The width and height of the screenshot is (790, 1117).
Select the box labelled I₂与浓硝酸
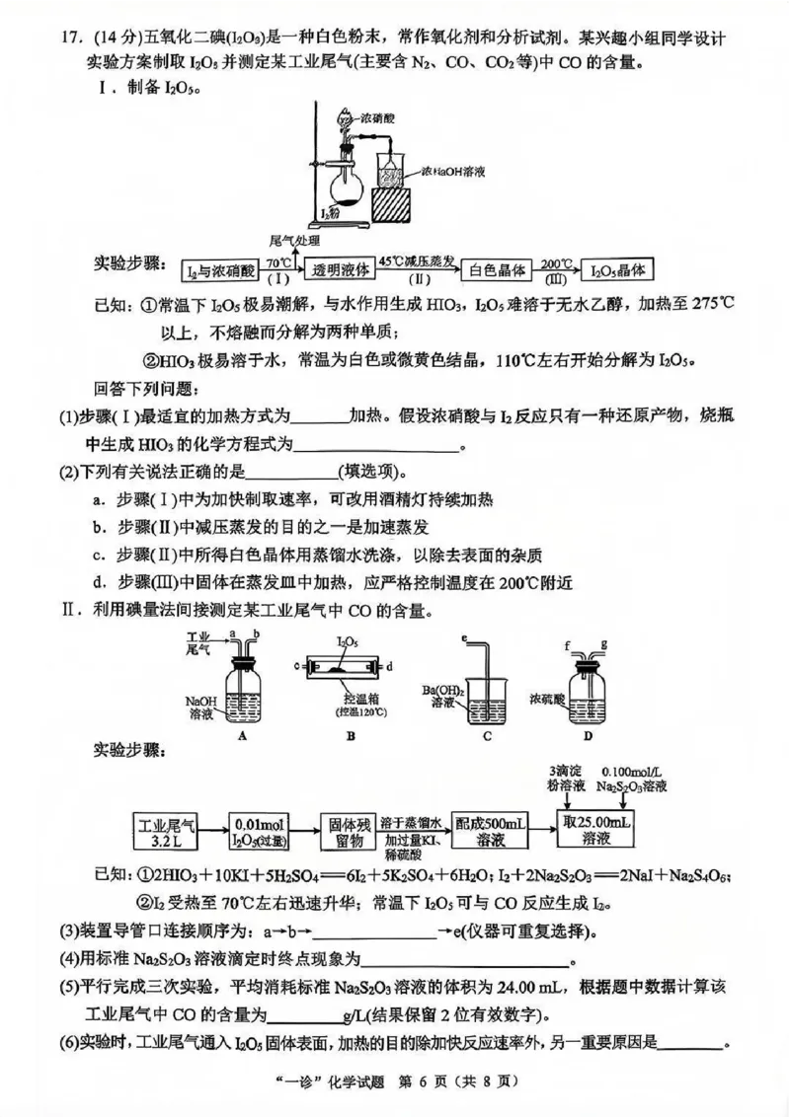(x=221, y=268)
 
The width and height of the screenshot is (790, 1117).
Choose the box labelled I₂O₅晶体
(x=618, y=268)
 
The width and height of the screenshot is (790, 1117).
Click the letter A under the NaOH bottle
(x=243, y=735)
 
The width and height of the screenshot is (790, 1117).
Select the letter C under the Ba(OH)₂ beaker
(x=488, y=735)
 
